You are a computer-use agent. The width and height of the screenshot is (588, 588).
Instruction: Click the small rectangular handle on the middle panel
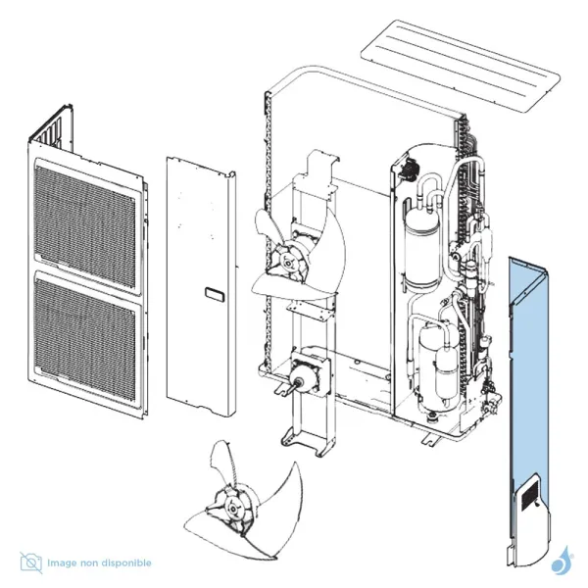[x=213, y=292]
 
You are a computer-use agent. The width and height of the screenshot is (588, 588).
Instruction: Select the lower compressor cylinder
[x=434, y=361]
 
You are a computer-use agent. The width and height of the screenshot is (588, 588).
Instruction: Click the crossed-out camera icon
[x=31, y=563]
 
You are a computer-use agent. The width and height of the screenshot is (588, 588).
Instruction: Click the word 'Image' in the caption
[x=67, y=563]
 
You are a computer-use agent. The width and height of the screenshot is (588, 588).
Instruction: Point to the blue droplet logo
[x=563, y=563]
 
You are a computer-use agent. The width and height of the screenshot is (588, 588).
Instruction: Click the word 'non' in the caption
[x=95, y=563]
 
